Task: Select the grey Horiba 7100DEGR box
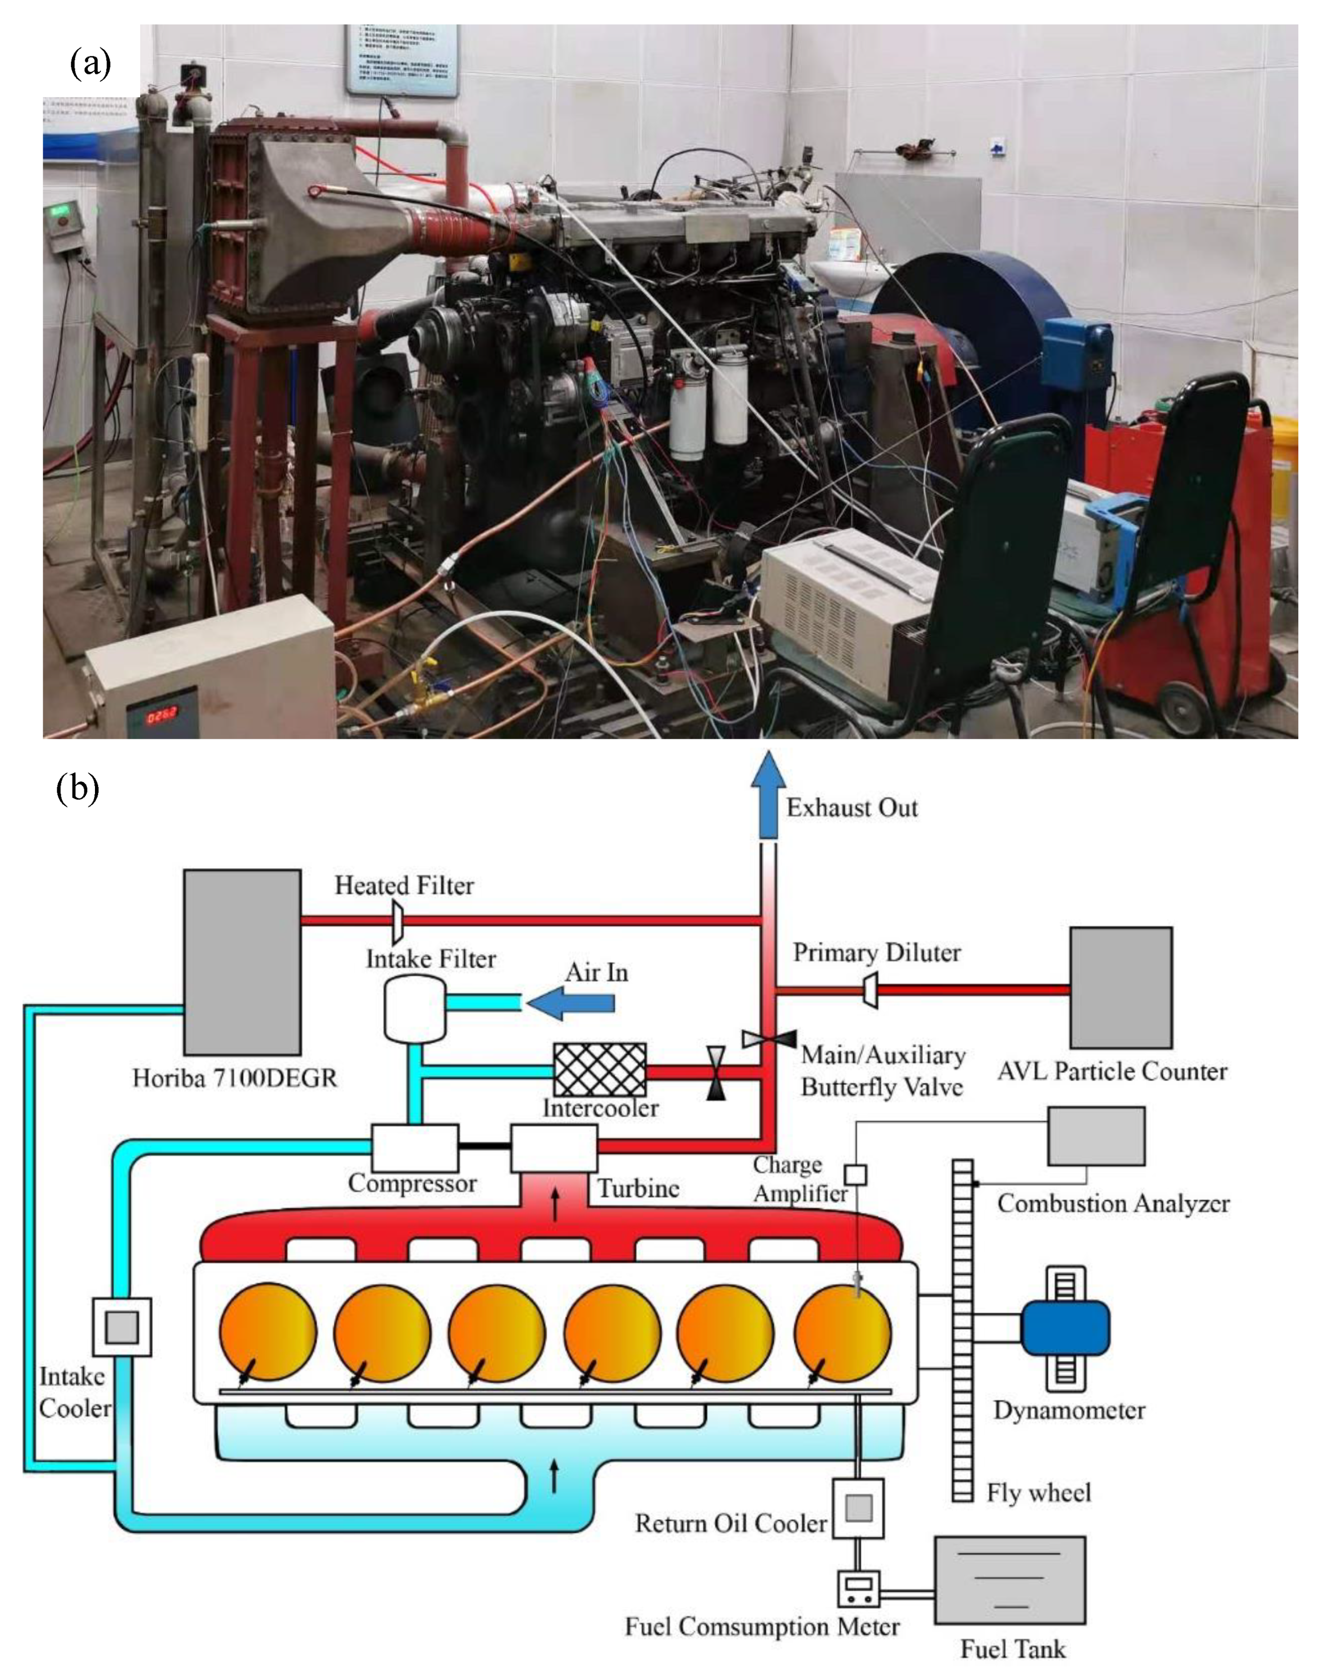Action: pyautogui.click(x=242, y=962)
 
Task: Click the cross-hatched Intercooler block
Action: pyautogui.click(x=599, y=1070)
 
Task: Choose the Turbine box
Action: pyautogui.click(x=553, y=1148)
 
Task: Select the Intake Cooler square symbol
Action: pyautogui.click(x=122, y=1327)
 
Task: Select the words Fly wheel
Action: pyautogui.click(x=1038, y=1492)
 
